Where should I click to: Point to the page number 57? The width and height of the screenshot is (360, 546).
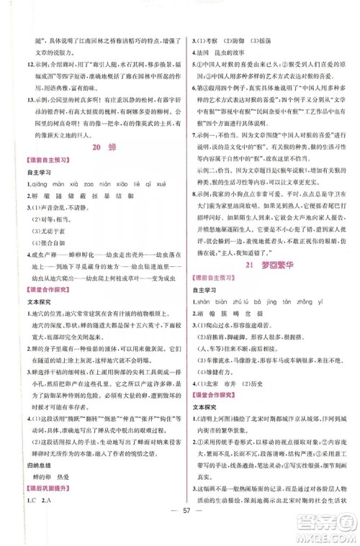180,519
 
